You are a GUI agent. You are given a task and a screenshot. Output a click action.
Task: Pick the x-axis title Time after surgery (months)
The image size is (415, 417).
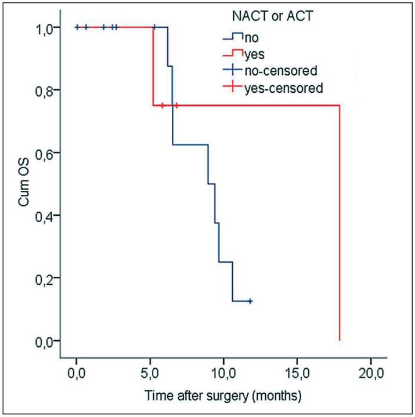[x=223, y=397]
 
